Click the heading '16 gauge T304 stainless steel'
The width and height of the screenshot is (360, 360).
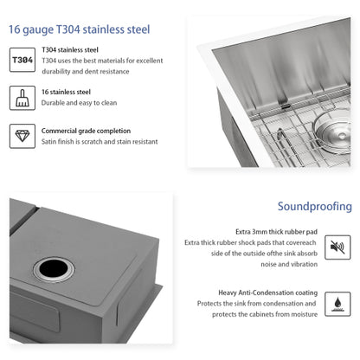pyautogui.click(x=79, y=29)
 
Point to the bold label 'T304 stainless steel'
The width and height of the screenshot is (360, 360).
pyautogui.click(x=71, y=50)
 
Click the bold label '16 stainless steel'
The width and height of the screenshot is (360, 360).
pyautogui.click(x=67, y=89)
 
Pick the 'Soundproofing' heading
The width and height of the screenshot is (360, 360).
pyautogui.click(x=315, y=207)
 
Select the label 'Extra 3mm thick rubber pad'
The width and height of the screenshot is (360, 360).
pyautogui.click(x=276, y=232)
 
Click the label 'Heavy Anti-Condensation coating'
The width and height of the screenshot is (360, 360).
pyautogui.click(x=267, y=293)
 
